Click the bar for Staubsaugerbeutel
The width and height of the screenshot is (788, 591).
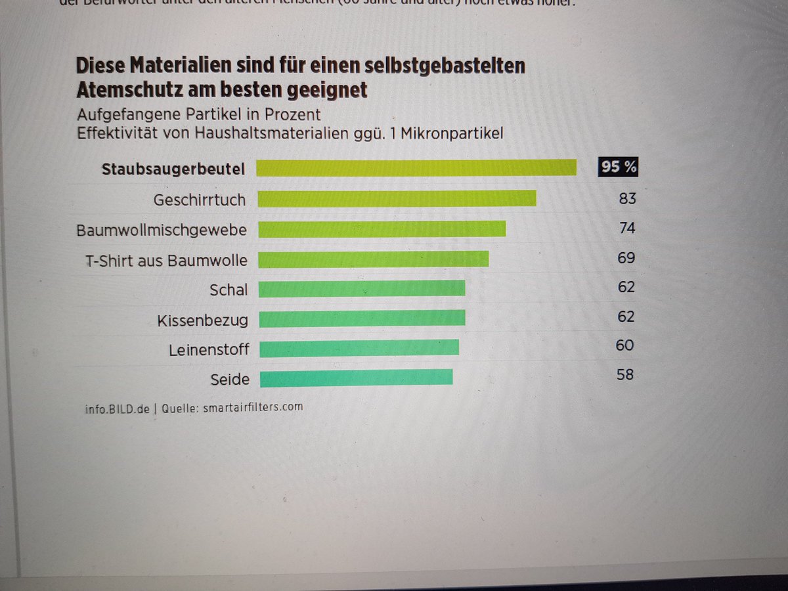pyautogui.click(x=416, y=168)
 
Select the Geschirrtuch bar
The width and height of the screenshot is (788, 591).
pyautogui.click(x=397, y=198)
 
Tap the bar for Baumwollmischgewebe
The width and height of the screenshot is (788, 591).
pyautogui.click(x=382, y=229)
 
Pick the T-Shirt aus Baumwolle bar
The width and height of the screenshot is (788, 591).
pyautogui.click(x=373, y=259)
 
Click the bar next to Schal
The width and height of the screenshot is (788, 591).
pyautogui.click(x=361, y=289)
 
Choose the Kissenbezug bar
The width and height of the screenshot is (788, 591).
pyautogui.click(x=361, y=318)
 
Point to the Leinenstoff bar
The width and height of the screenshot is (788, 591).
pyautogui.click(x=359, y=348)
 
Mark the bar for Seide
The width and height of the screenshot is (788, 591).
pyautogui.click(x=356, y=378)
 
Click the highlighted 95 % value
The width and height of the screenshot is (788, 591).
pyautogui.click(x=618, y=167)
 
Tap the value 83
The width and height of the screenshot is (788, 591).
pyautogui.click(x=627, y=198)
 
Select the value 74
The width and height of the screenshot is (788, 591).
pyautogui.click(x=626, y=228)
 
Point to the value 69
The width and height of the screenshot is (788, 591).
pyautogui.click(x=626, y=257)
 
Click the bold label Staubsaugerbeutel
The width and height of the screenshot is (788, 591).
pyautogui.click(x=173, y=169)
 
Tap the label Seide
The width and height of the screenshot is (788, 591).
pyautogui.click(x=230, y=380)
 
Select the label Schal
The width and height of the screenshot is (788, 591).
pyautogui.click(x=229, y=290)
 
